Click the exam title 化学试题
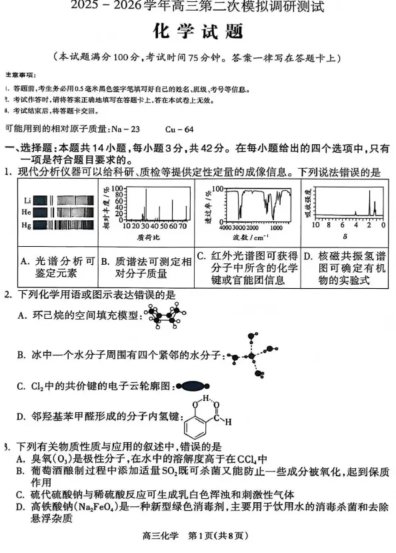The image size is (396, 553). (197, 31)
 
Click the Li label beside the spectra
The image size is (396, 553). (27, 199)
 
